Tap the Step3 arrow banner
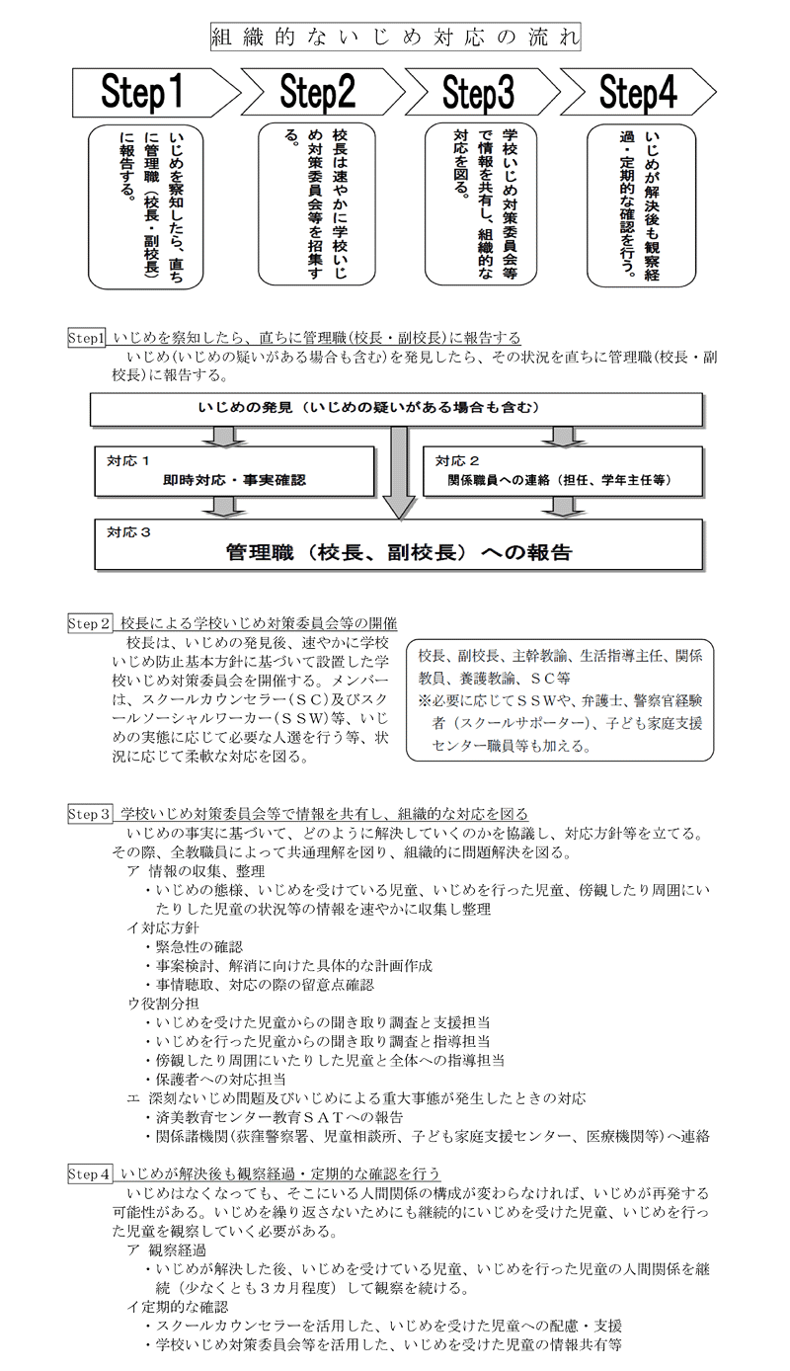(x=480, y=94)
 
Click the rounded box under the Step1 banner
(x=147, y=205)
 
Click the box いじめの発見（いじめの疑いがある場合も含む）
(x=395, y=409)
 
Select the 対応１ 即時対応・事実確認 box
(x=234, y=471)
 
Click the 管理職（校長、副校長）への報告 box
(x=398, y=545)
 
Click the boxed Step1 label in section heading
(x=86, y=338)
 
